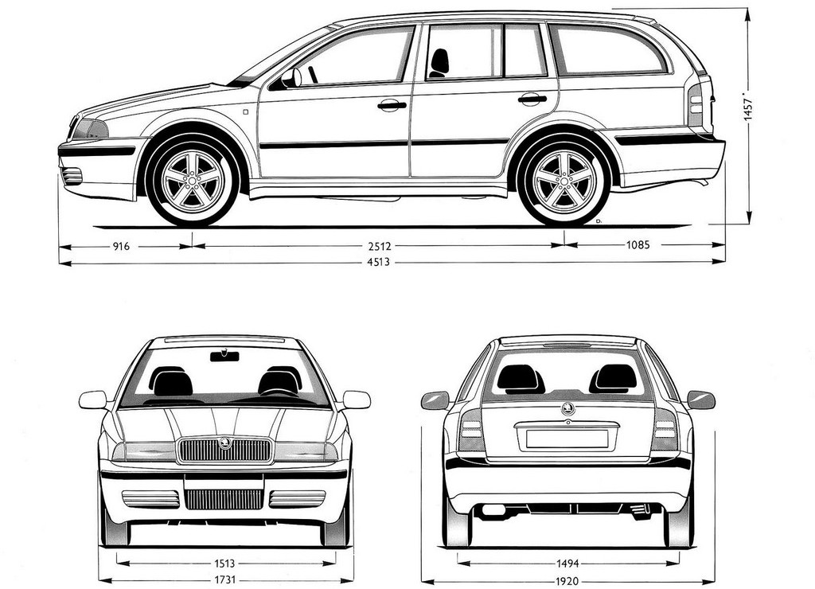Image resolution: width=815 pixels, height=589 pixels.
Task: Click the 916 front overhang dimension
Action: click(x=121, y=247)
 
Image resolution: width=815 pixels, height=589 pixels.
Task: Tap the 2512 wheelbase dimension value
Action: click(x=379, y=246)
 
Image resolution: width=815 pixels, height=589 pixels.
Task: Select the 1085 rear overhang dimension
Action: click(x=638, y=245)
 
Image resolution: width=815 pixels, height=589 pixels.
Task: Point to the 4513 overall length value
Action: click(x=378, y=262)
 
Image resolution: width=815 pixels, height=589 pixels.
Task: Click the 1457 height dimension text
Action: click(x=748, y=107)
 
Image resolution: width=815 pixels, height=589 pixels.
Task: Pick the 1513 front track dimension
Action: click(x=224, y=563)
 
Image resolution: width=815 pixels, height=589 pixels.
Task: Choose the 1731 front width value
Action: click(x=224, y=579)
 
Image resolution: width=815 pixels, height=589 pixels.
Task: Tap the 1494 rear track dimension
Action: click(x=567, y=564)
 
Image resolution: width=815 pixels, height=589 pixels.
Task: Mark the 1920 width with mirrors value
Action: click(x=567, y=581)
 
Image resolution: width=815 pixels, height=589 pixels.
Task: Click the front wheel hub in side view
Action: click(x=193, y=181)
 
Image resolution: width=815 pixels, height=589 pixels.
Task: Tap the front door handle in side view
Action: click(x=392, y=106)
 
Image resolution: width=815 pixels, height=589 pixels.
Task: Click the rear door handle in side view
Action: click(x=532, y=99)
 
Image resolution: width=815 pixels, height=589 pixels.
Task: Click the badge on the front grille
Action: click(x=225, y=443)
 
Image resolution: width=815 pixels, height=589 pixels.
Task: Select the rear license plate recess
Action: click(x=567, y=439)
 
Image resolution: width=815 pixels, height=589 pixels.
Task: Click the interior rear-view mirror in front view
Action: click(x=224, y=356)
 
